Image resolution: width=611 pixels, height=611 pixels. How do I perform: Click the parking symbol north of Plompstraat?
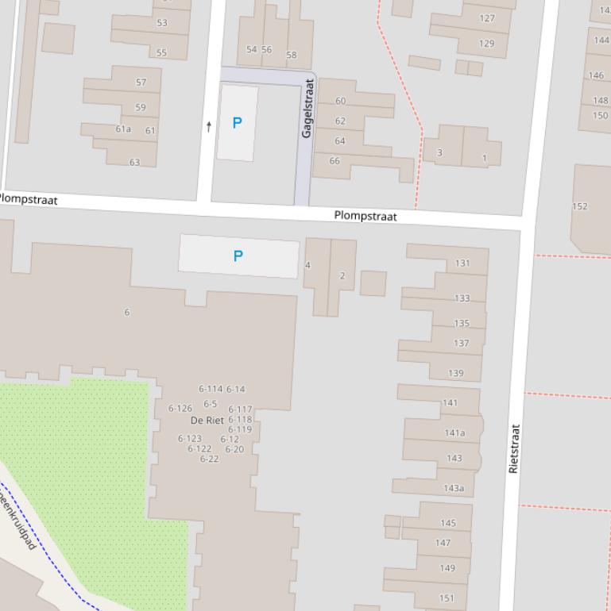click(237, 123)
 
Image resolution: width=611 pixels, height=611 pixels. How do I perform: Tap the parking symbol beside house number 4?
click(238, 256)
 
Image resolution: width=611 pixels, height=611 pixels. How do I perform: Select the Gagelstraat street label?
click(308, 109)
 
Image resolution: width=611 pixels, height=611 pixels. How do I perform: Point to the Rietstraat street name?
click(514, 449)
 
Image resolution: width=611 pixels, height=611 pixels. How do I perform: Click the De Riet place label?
click(207, 421)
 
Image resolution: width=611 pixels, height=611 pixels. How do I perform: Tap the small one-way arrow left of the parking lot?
click(209, 126)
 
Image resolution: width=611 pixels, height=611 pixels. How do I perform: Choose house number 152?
click(580, 206)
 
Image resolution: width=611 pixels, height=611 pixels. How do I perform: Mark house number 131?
click(462, 263)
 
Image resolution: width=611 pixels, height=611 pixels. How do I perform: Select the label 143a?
click(454, 488)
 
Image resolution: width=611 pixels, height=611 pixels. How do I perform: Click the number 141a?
click(454, 433)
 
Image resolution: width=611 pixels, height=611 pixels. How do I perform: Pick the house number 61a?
click(123, 129)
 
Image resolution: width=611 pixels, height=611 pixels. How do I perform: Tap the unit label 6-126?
click(180, 409)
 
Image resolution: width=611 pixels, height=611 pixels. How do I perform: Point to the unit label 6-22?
click(209, 459)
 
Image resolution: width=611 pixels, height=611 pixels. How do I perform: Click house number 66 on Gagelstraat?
click(335, 161)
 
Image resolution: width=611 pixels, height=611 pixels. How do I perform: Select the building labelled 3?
click(439, 152)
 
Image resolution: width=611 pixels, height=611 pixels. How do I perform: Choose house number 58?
click(291, 55)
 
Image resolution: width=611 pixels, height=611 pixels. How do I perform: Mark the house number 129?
click(486, 44)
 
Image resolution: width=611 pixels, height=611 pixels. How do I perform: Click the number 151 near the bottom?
click(447, 598)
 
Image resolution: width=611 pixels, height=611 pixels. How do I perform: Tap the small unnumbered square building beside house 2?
click(373, 283)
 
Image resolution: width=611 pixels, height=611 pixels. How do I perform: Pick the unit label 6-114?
click(210, 389)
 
